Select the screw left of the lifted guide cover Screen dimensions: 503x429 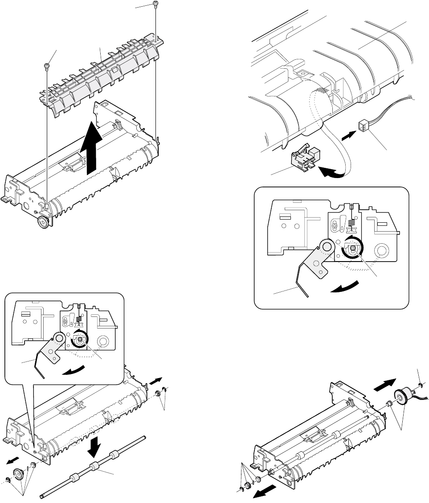coord(46,67)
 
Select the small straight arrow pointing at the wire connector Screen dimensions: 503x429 coord(348,133)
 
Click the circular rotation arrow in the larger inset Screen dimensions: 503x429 coord(352,248)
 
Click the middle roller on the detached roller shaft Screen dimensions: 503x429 coord(94,467)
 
